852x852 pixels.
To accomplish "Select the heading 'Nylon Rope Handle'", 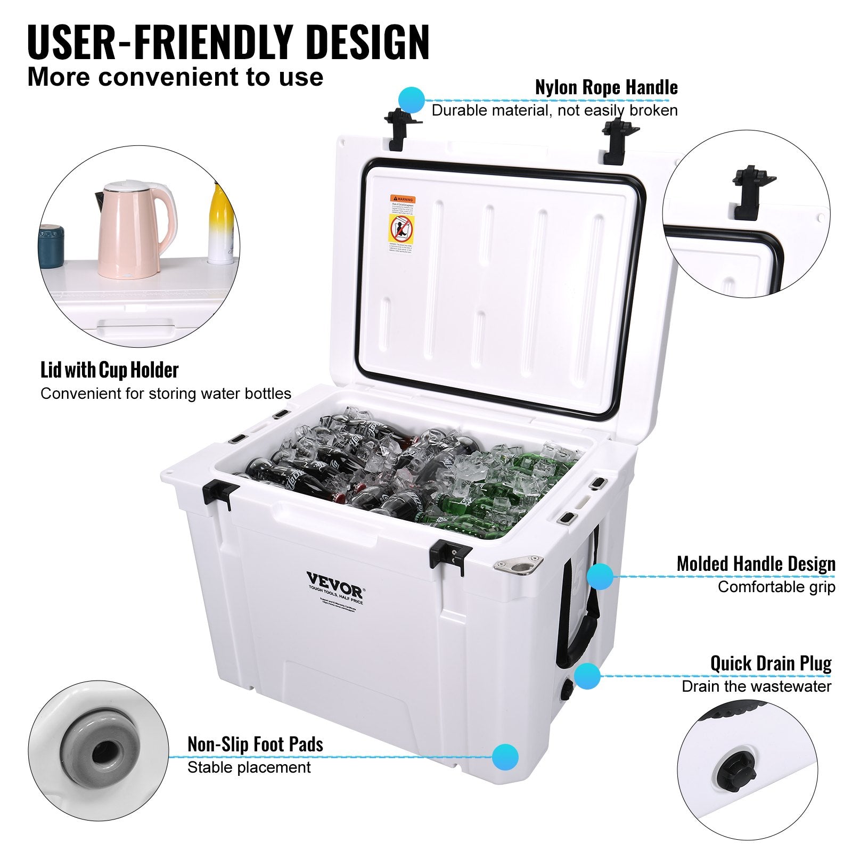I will coord(606,87).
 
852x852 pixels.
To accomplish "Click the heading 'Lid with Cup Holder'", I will coord(109,370).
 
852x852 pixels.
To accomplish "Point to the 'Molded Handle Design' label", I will coord(756,564).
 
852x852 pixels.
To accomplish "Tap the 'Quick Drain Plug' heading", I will coord(771,663).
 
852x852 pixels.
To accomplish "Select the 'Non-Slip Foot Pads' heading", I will coord(255,744).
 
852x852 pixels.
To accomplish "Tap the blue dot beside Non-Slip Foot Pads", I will coord(505,757).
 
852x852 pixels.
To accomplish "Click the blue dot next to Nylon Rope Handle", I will coord(411,99).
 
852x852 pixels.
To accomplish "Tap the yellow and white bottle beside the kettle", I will coord(221,224).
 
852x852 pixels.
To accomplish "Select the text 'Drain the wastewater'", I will coord(756,686).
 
